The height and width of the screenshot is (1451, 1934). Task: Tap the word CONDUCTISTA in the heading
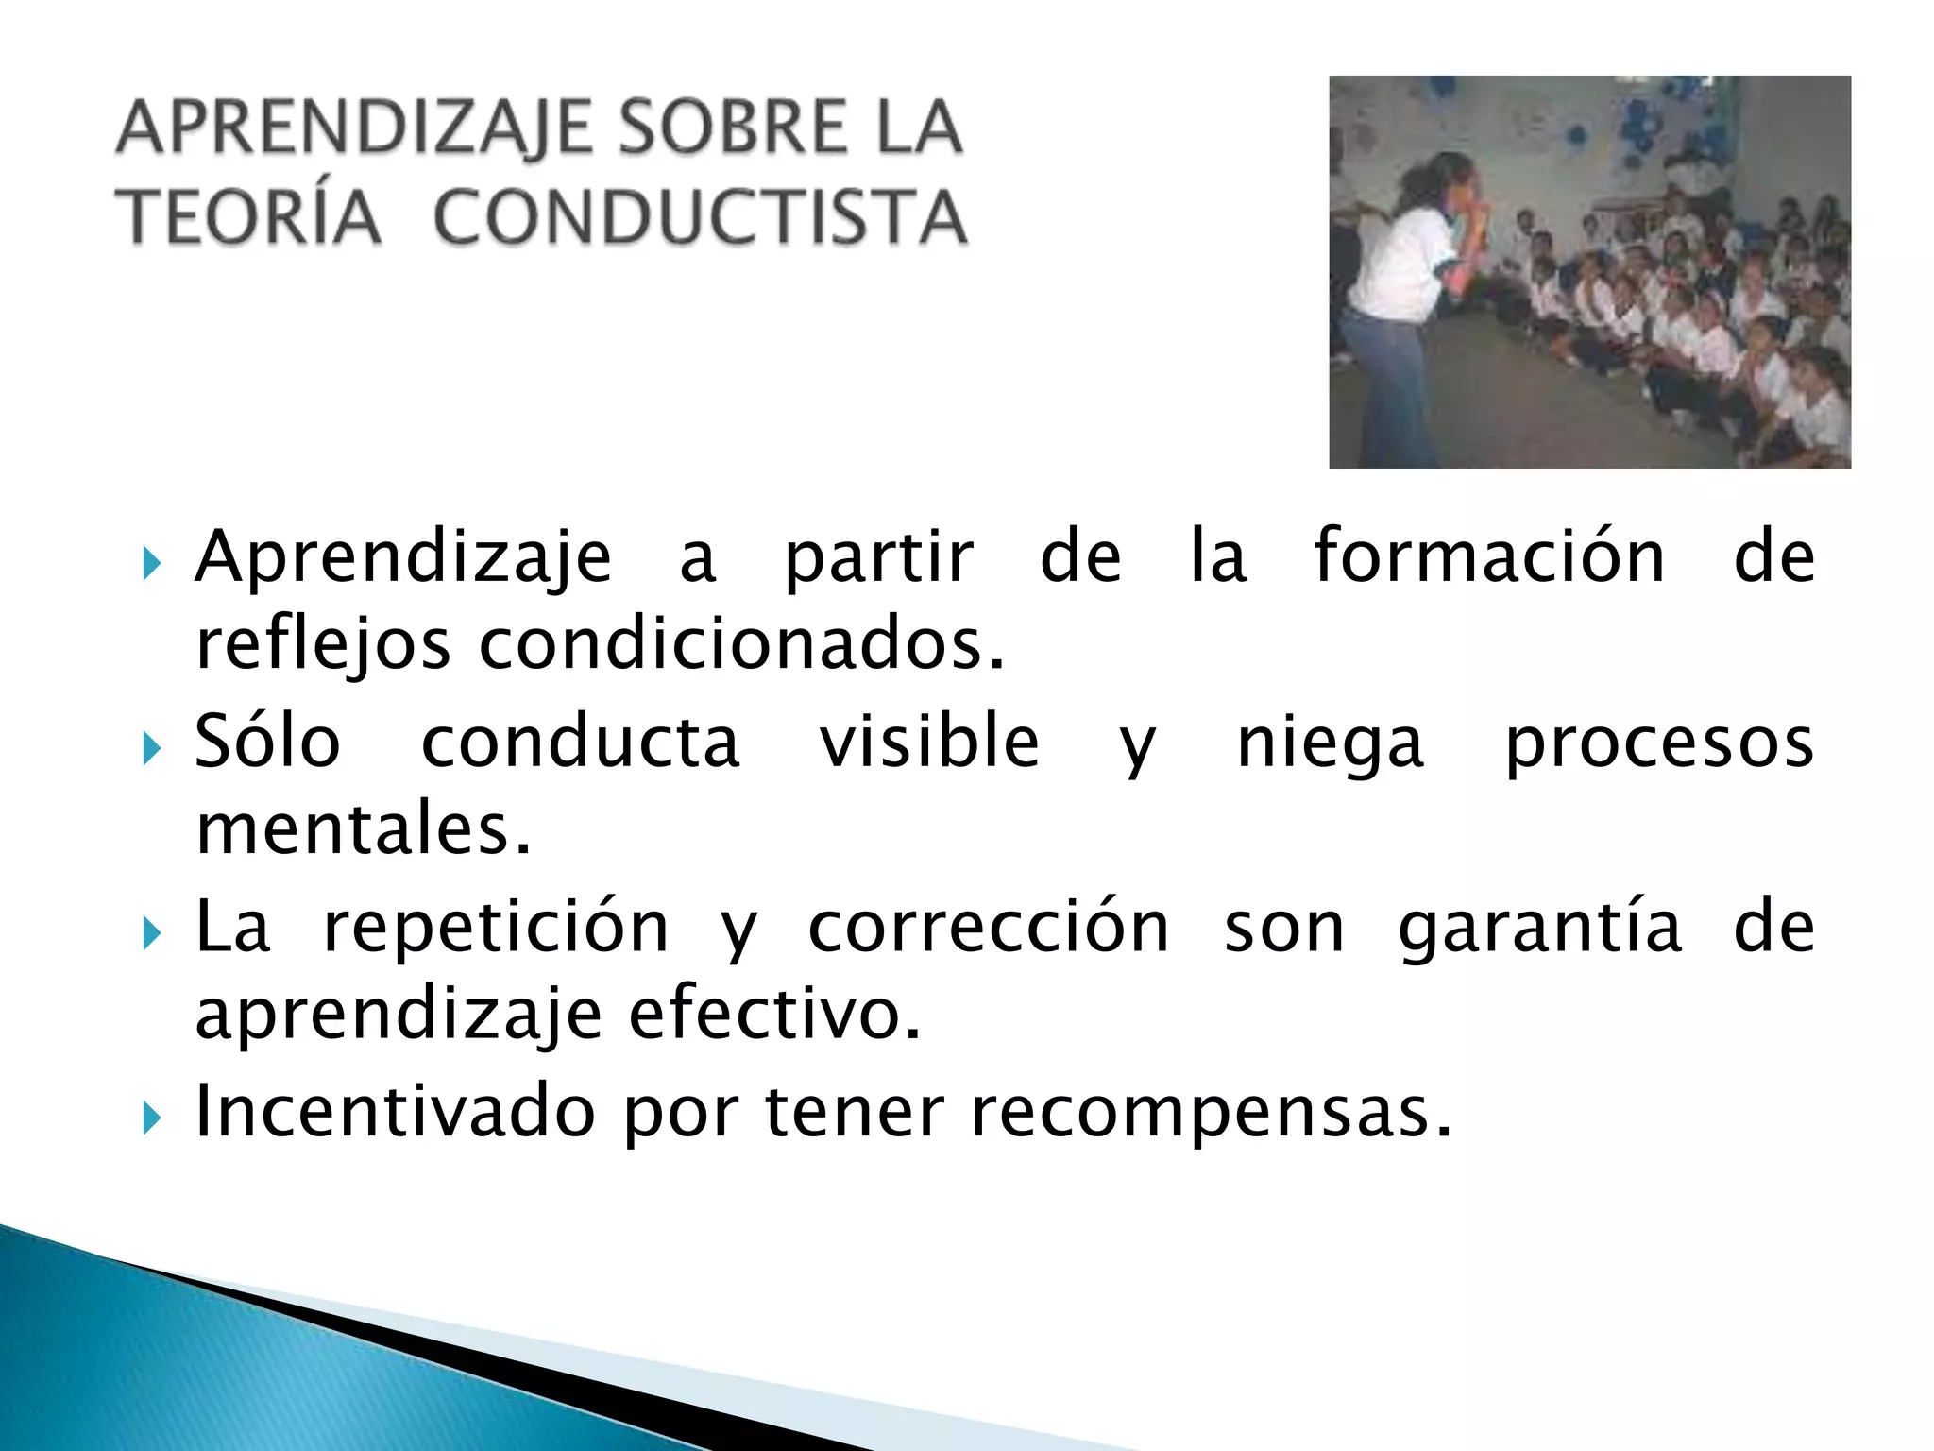point(700,217)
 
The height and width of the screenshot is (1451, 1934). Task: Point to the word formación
point(1489,556)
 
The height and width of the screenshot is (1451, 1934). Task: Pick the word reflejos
point(322,647)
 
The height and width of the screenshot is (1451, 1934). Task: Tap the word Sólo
point(267,742)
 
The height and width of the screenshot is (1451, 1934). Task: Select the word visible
point(929,742)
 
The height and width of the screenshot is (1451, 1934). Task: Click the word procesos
point(1658,743)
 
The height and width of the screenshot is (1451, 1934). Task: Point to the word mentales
point(364,828)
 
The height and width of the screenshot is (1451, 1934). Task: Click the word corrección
point(989,928)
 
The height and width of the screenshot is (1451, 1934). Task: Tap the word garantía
point(1540,928)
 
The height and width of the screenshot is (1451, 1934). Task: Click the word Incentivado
point(395,1111)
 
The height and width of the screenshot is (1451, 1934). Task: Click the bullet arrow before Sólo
point(151,750)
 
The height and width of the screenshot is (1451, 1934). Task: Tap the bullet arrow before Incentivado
point(151,1119)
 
